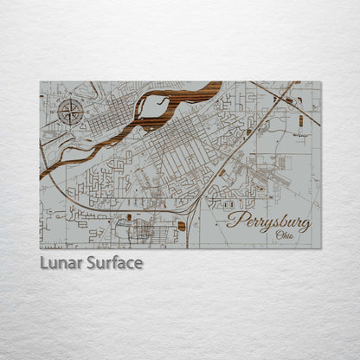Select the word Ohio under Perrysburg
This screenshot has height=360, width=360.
pos(284,235)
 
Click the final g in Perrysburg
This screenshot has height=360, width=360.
pos(304,224)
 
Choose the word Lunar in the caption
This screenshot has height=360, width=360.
pos(61,262)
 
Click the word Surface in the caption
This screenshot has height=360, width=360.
pos(113,262)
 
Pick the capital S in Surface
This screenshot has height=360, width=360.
pos(91,262)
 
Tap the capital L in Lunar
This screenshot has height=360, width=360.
pos(44,262)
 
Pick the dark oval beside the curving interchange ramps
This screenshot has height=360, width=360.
pos(129,216)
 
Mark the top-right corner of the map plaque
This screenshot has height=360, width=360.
pos(320,82)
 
